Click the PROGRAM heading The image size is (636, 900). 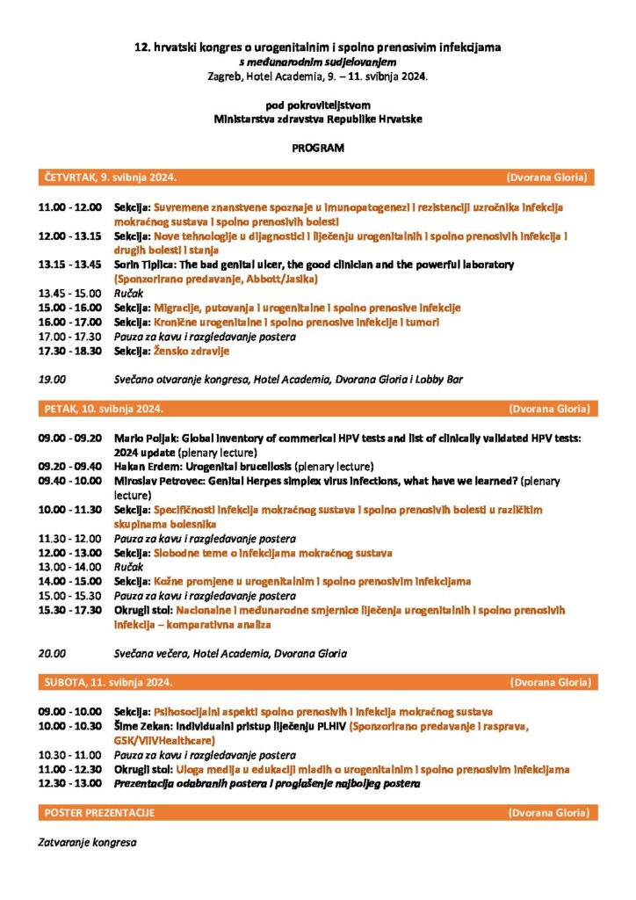click(x=318, y=148)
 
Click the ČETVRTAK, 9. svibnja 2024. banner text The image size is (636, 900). click(x=110, y=178)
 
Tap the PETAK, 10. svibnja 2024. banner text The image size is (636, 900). click(x=103, y=410)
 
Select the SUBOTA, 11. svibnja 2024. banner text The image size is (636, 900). click(x=107, y=682)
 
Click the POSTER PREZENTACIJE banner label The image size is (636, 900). click(x=99, y=813)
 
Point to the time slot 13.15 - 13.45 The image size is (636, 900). click(x=69, y=265)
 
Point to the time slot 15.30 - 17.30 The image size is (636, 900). click(x=69, y=610)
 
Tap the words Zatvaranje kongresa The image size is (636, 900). click(x=86, y=842)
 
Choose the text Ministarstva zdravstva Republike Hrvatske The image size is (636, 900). click(x=318, y=119)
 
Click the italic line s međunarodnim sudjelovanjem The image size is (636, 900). click(x=318, y=63)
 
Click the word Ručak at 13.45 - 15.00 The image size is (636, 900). click(x=129, y=294)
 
